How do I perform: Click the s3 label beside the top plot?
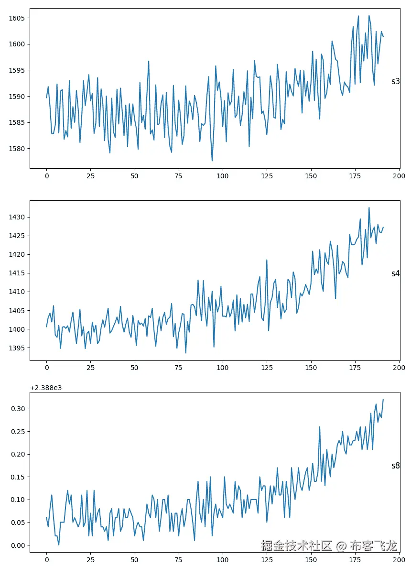pyautogui.click(x=395, y=81)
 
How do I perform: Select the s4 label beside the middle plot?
pyautogui.click(x=395, y=273)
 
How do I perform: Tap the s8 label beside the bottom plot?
pyautogui.click(x=395, y=466)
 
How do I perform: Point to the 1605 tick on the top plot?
pyautogui.click(x=17, y=18)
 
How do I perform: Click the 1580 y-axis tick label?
pyautogui.click(x=17, y=148)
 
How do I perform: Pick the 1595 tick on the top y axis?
pyautogui.click(x=17, y=70)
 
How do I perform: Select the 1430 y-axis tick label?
pyautogui.click(x=17, y=217)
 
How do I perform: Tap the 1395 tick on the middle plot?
pyautogui.click(x=17, y=348)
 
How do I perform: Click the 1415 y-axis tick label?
pyautogui.click(x=17, y=273)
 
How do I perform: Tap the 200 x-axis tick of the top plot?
pyautogui.click(x=399, y=175)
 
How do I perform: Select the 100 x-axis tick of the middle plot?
pyautogui.click(x=223, y=368)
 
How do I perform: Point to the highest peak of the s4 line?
pyautogui.click(x=369, y=207)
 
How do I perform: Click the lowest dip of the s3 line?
pyautogui.click(x=212, y=161)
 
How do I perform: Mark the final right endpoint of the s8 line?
pyautogui.click(x=383, y=400)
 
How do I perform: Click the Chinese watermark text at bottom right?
pyautogui.click(x=329, y=545)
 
